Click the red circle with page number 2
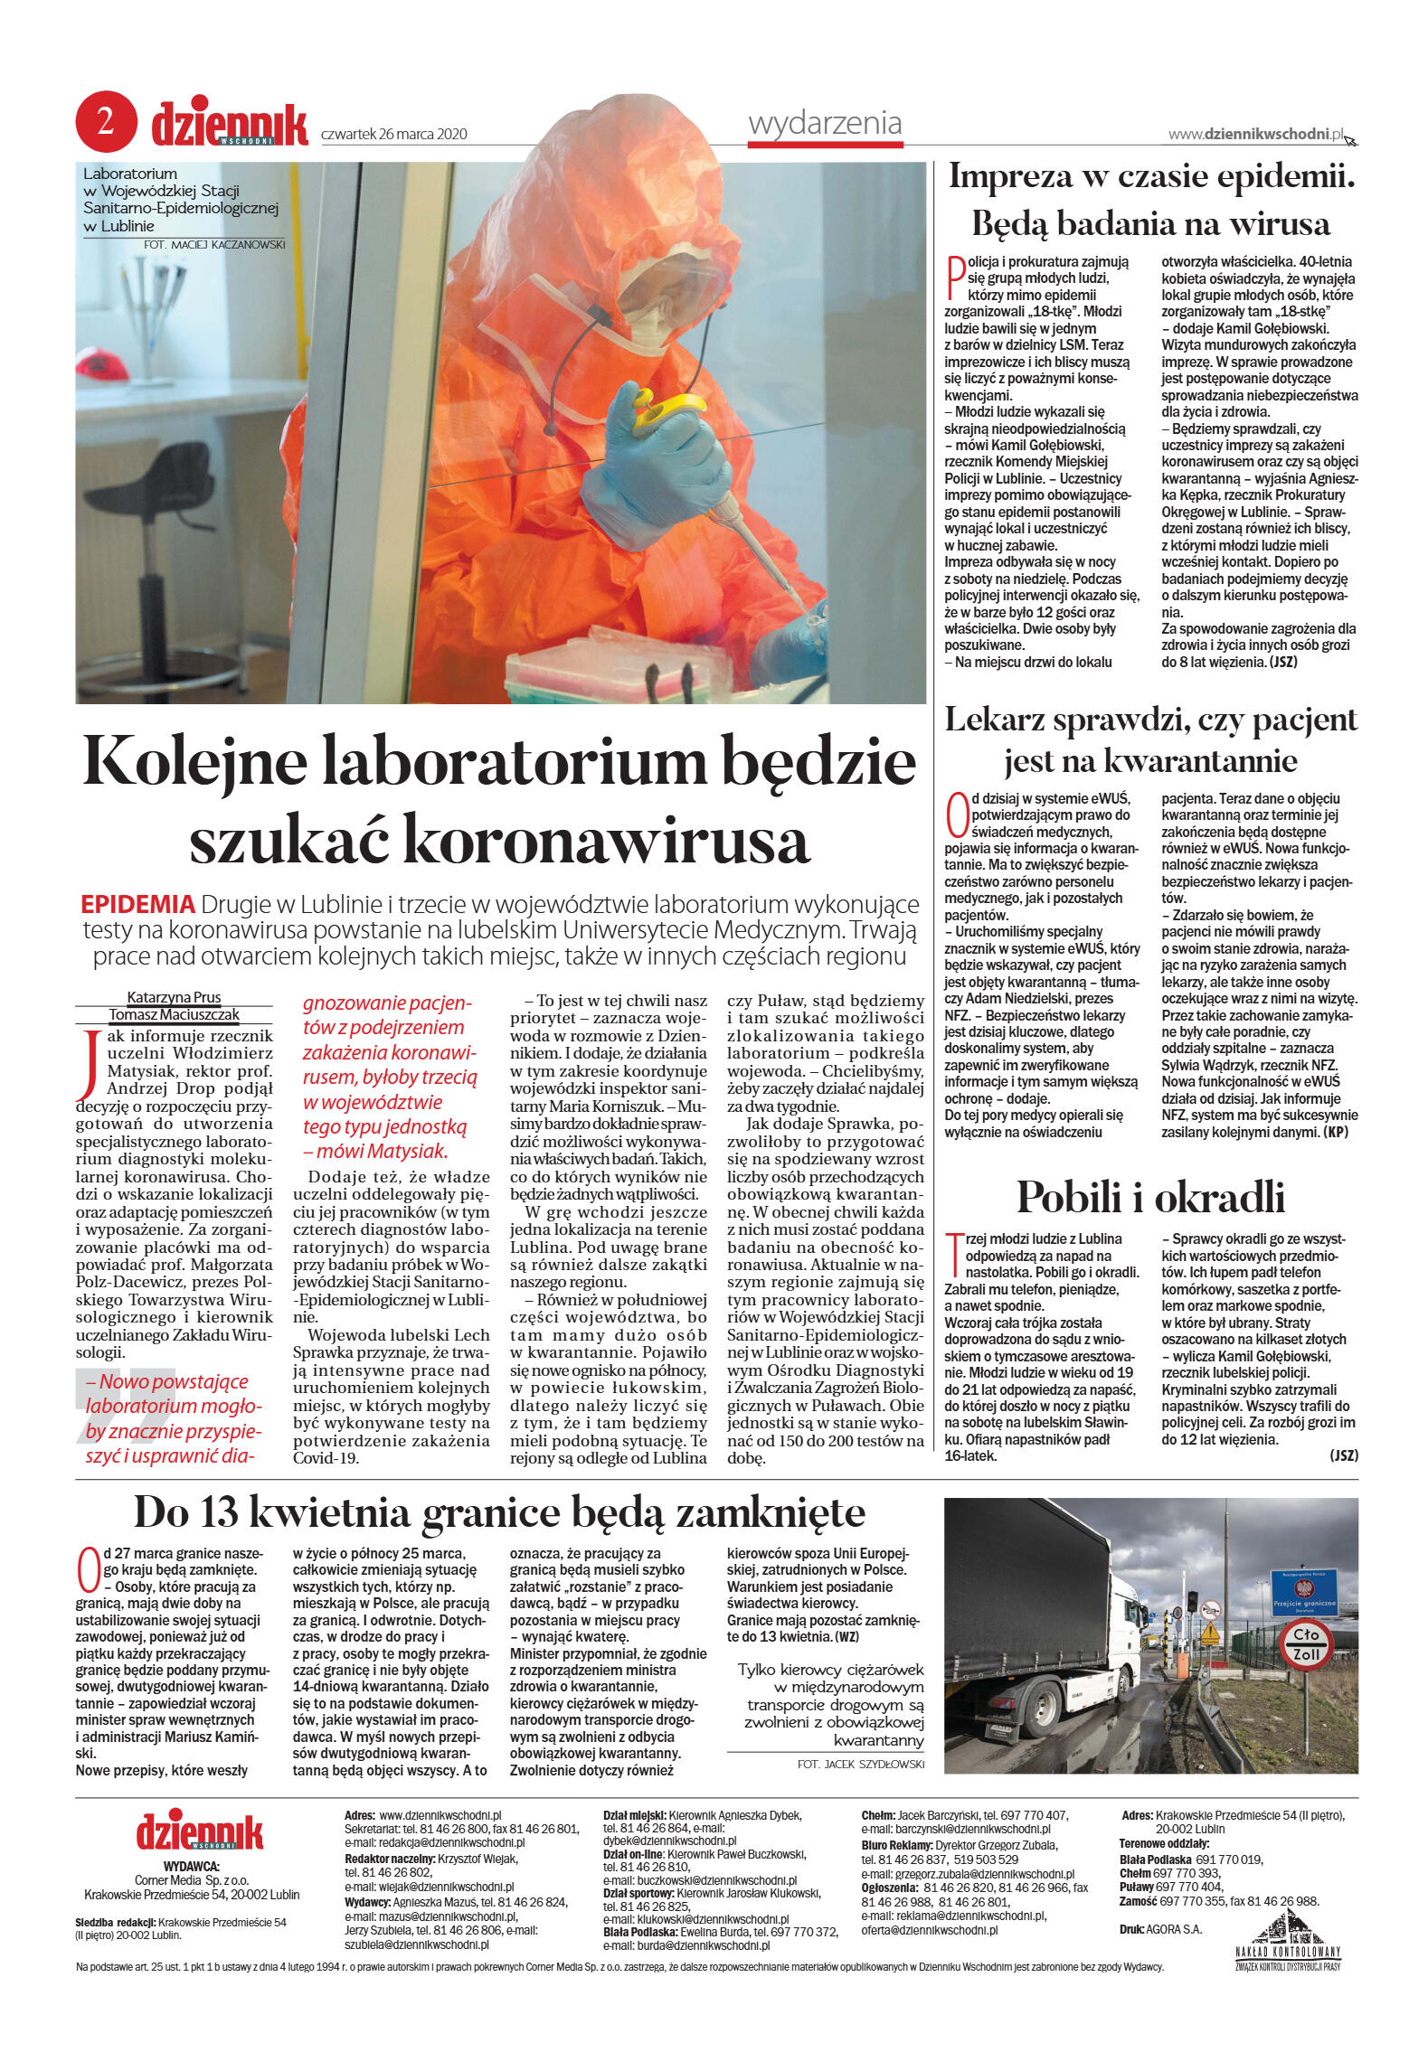pyautogui.click(x=106, y=122)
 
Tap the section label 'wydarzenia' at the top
pyautogui.click(x=825, y=123)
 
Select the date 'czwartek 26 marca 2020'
pyautogui.click(x=394, y=134)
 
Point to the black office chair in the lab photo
pyautogui.click(x=181, y=506)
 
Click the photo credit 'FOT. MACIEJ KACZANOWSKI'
pyautogui.click(x=213, y=244)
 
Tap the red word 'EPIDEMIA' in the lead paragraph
pyautogui.click(x=137, y=904)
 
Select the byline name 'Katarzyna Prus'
pyautogui.click(x=174, y=997)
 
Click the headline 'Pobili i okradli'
pyautogui.click(x=1150, y=1196)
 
